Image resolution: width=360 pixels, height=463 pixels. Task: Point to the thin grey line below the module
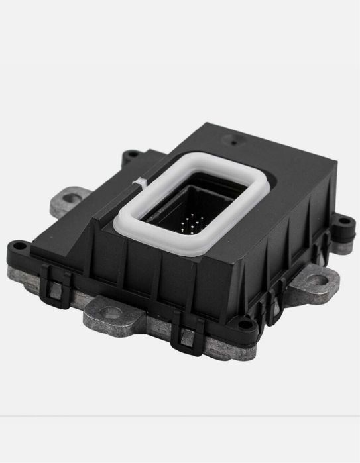(180, 416)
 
